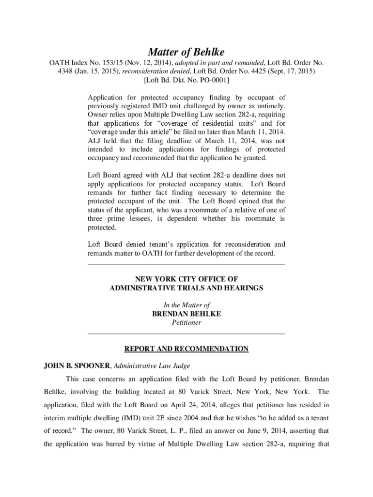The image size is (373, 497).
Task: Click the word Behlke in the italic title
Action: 208,52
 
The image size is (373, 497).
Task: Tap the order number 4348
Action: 59,71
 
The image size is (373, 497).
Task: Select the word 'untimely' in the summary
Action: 270,105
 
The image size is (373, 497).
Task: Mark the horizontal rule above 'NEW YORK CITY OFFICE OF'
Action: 186,265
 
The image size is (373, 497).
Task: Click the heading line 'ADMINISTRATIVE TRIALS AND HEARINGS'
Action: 186,288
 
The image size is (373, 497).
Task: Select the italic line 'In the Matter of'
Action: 186,305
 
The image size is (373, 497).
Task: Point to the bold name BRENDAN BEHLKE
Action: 186,314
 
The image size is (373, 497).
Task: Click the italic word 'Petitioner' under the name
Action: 186,322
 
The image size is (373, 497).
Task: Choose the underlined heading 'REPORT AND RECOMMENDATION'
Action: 186,349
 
